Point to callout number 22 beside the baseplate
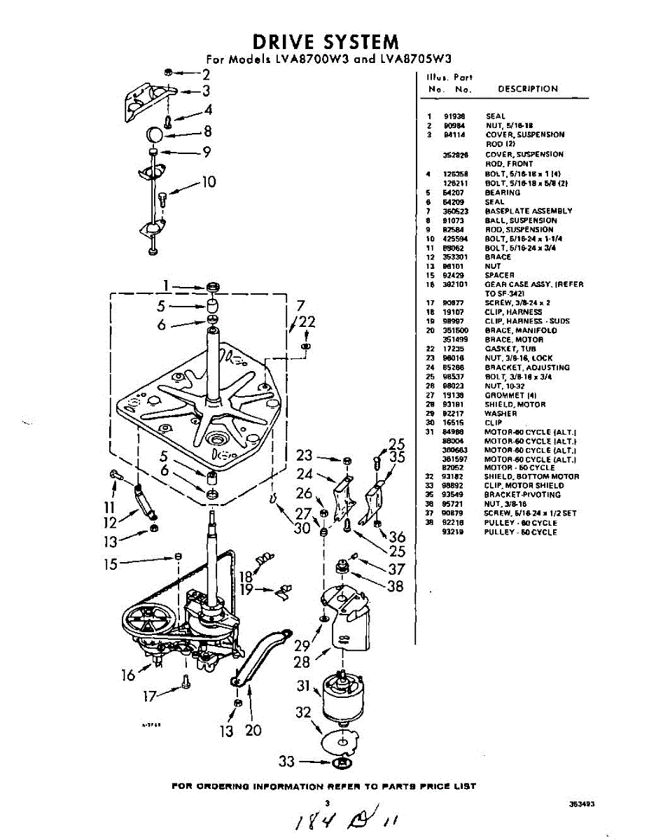(307, 323)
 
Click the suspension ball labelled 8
(155, 134)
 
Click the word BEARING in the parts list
(503, 192)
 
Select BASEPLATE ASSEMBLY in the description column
(529, 211)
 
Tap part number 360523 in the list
(455, 211)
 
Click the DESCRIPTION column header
(527, 89)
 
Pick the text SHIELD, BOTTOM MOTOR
(522, 477)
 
